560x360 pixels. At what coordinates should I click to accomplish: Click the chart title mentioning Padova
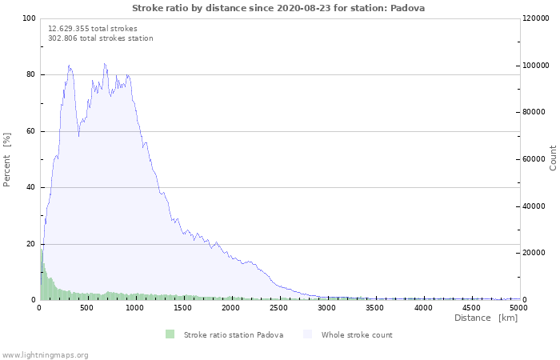click(278, 8)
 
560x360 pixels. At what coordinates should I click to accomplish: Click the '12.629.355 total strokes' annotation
click(93, 28)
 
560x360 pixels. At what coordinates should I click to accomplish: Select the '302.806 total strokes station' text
click(101, 38)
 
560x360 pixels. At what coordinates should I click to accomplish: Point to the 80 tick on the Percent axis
click(30, 75)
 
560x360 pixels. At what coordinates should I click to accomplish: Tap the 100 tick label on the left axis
click(29, 18)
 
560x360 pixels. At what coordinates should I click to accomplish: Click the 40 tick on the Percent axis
click(30, 188)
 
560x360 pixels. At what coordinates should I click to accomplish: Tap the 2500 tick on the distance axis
click(279, 307)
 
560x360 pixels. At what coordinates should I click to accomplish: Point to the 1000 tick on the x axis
click(135, 307)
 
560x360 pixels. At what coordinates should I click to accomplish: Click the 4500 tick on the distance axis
click(470, 307)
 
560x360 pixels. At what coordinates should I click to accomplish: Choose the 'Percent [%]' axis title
click(7, 159)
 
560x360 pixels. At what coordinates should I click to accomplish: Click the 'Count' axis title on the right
click(553, 158)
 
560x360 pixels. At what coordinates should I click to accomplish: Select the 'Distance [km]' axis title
click(486, 318)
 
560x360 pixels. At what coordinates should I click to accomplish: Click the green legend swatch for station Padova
click(170, 334)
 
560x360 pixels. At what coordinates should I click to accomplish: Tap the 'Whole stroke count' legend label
click(357, 335)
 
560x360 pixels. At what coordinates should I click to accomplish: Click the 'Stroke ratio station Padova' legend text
click(234, 335)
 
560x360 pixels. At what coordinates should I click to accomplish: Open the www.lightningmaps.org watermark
click(45, 354)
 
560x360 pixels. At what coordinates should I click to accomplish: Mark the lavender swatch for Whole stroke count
click(308, 334)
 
